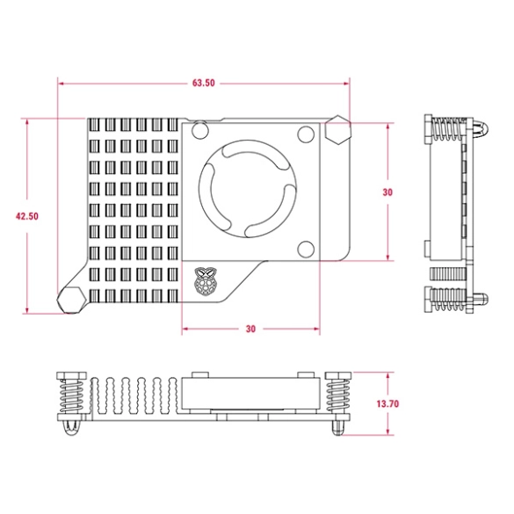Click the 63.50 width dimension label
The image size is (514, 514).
pyautogui.click(x=204, y=83)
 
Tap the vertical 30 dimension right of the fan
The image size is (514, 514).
pyautogui.click(x=387, y=192)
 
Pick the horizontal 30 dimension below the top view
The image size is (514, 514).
pyautogui.click(x=250, y=329)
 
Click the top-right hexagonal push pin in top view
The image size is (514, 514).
pyautogui.click(x=337, y=133)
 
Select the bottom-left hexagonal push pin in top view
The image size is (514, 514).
pyautogui.click(x=70, y=299)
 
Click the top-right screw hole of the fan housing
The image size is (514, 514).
pyautogui.click(x=305, y=134)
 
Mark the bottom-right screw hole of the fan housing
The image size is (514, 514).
pyautogui.click(x=305, y=247)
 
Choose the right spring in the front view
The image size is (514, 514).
pyautogui.click(x=337, y=397)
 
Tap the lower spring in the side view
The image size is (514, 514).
pyautogui.click(x=446, y=300)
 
